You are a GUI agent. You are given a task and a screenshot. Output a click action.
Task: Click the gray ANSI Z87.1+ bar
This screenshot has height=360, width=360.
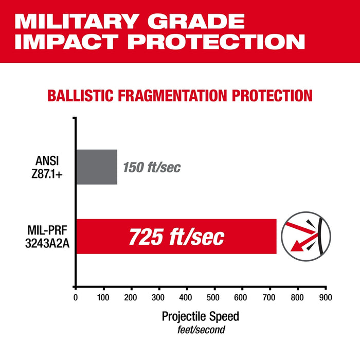97,167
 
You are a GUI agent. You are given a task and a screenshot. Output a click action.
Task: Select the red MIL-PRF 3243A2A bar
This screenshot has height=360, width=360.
176,236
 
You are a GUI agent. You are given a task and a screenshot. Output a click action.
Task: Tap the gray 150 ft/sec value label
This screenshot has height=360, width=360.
152,168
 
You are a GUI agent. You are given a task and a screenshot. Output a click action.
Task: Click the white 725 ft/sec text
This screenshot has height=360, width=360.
176,237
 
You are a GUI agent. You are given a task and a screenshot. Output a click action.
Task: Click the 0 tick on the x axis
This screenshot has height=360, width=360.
76,297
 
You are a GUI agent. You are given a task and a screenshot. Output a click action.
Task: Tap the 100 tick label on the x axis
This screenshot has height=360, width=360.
103,297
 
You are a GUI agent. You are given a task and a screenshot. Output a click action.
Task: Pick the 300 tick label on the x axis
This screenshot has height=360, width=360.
159,297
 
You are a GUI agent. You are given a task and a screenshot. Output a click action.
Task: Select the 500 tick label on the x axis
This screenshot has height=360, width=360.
214,297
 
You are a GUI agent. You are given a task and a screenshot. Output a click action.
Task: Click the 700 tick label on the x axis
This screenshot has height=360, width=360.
270,297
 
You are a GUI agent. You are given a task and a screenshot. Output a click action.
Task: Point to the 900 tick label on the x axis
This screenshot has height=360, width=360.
326,297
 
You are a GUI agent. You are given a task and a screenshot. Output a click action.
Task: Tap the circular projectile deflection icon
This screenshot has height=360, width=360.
306,236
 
